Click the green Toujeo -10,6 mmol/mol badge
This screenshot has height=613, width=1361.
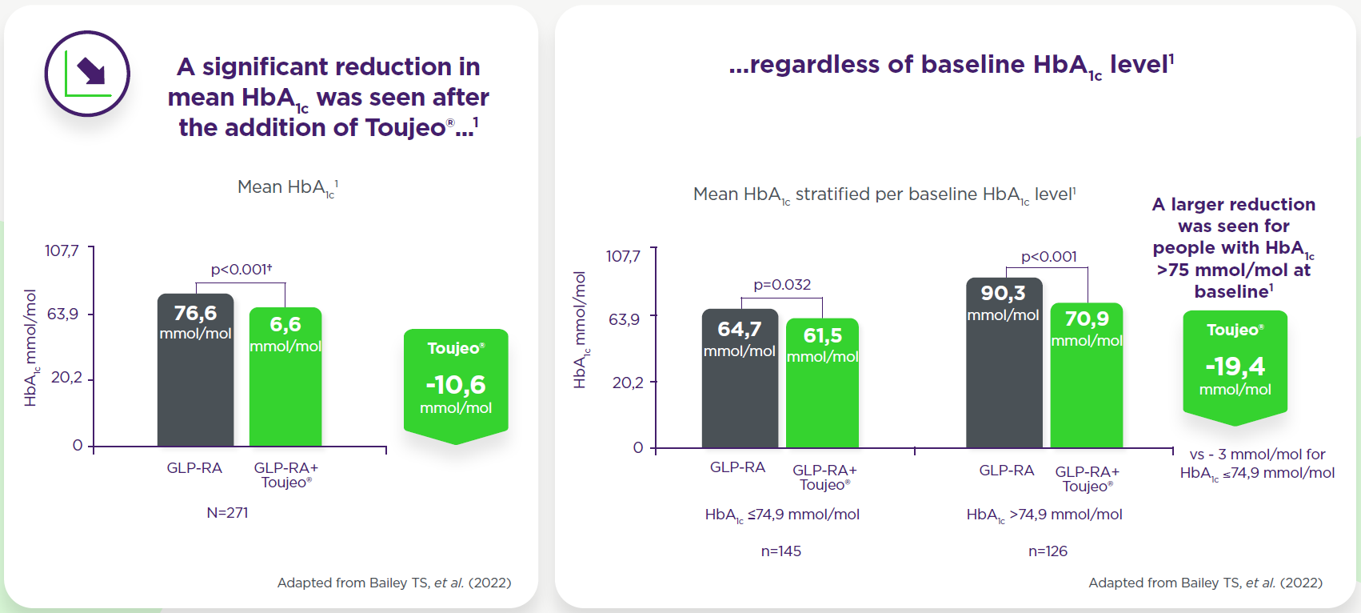456,385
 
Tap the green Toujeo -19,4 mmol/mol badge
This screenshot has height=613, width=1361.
1235,365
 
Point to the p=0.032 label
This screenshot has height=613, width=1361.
782,285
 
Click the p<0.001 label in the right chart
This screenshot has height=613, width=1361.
1048,257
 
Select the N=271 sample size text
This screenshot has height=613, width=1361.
227,513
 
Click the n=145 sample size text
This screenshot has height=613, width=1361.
780,551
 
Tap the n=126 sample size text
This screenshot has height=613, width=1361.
1048,551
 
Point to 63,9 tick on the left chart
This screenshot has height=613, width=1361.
63,314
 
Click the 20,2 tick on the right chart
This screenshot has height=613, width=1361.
628,383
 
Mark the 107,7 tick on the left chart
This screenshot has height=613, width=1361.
62,251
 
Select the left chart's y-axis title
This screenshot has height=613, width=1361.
30,348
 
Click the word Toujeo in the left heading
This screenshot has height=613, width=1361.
405,128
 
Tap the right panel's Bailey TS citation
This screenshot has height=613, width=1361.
1205,583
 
